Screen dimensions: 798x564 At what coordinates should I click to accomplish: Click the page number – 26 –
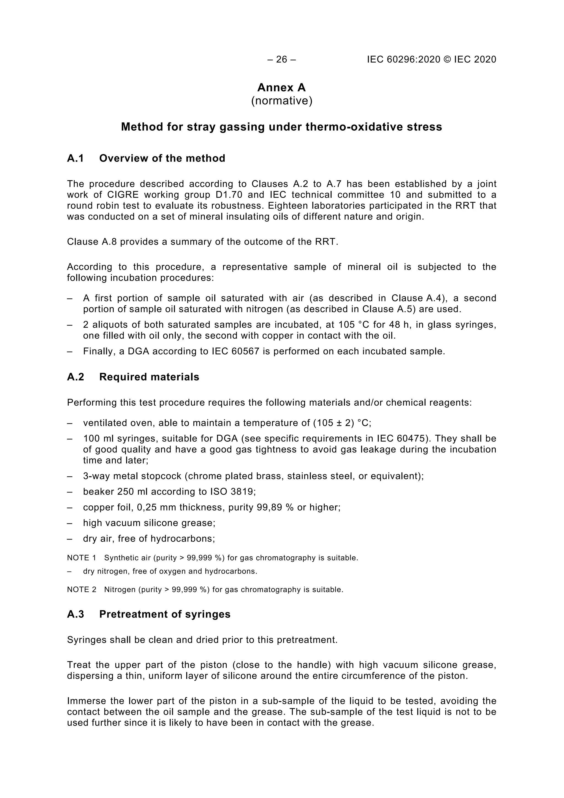coord(282,60)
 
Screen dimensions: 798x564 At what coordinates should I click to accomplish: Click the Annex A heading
coord(282,87)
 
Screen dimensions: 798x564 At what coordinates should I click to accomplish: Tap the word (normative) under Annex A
coord(282,101)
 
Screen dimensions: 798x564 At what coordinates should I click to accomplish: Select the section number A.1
coord(76,158)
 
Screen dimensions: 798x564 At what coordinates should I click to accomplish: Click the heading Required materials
coord(149,377)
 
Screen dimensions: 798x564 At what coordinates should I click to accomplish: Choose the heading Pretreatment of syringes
coord(165,614)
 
